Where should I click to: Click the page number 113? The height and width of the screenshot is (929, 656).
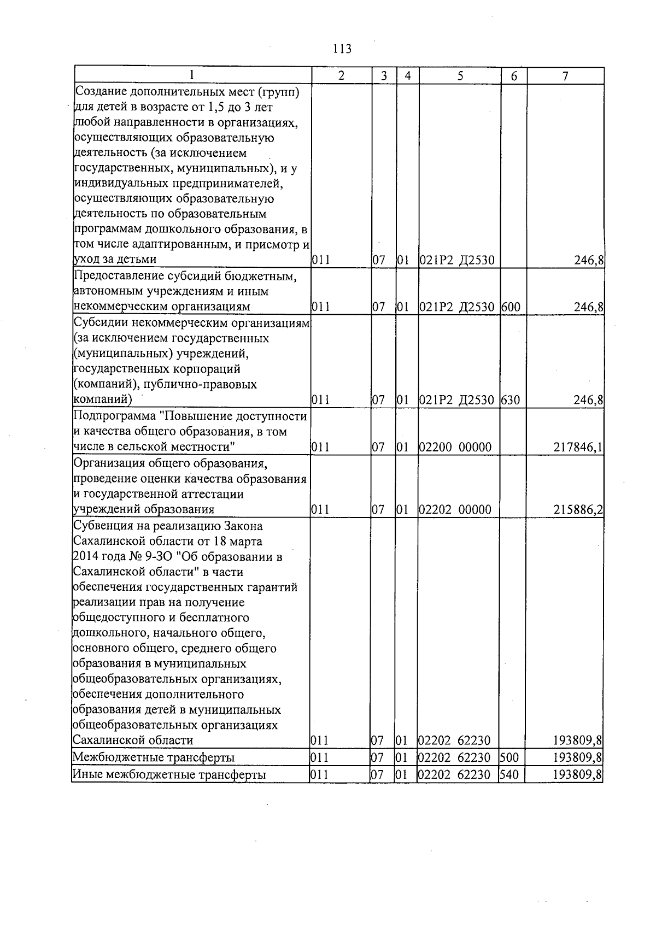(x=342, y=49)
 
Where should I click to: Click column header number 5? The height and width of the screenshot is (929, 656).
(x=460, y=76)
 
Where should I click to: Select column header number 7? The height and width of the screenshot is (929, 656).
(x=565, y=76)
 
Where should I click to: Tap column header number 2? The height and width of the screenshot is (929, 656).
(x=341, y=76)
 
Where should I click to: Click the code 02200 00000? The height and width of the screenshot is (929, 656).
(x=455, y=448)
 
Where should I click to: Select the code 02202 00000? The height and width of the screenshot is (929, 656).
(x=455, y=510)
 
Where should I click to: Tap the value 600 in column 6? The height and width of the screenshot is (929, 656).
(x=511, y=307)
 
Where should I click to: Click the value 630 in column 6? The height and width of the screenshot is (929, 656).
(x=511, y=400)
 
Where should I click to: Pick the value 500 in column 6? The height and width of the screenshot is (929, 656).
(x=508, y=757)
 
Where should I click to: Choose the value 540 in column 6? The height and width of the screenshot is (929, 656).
(x=508, y=774)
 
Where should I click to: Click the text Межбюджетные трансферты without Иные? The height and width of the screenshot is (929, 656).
(x=154, y=757)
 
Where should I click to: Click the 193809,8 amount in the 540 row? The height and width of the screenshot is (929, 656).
(x=577, y=774)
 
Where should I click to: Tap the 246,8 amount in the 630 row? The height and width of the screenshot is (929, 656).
(x=589, y=400)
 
